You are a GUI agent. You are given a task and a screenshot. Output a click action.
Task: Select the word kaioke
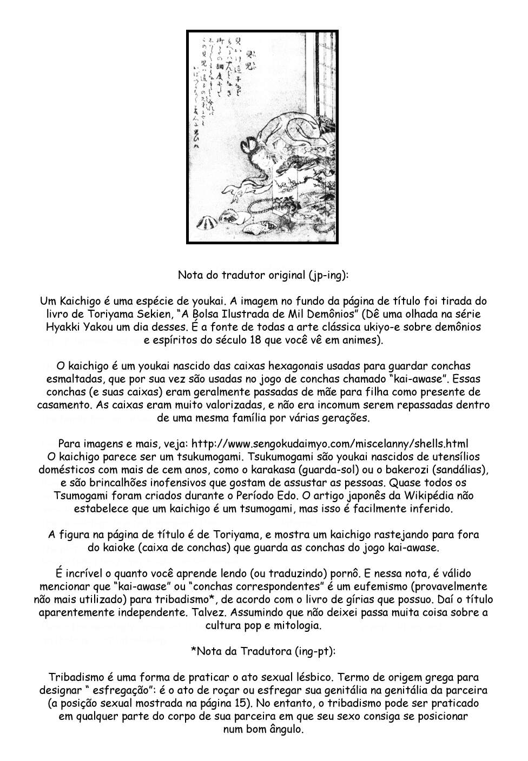tap(115, 547)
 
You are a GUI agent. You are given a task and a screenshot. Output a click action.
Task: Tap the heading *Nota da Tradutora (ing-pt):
tap(263, 651)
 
